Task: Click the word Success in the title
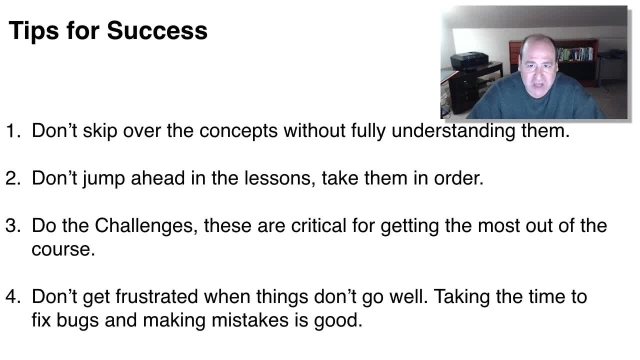click(x=157, y=30)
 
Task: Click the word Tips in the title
click(x=33, y=31)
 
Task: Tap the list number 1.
click(x=13, y=131)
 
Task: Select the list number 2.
click(x=13, y=178)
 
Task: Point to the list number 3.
click(x=13, y=225)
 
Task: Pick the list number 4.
click(x=13, y=296)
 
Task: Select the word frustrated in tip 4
click(x=157, y=296)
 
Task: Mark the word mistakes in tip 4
click(x=250, y=319)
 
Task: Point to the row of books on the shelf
click(x=575, y=54)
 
